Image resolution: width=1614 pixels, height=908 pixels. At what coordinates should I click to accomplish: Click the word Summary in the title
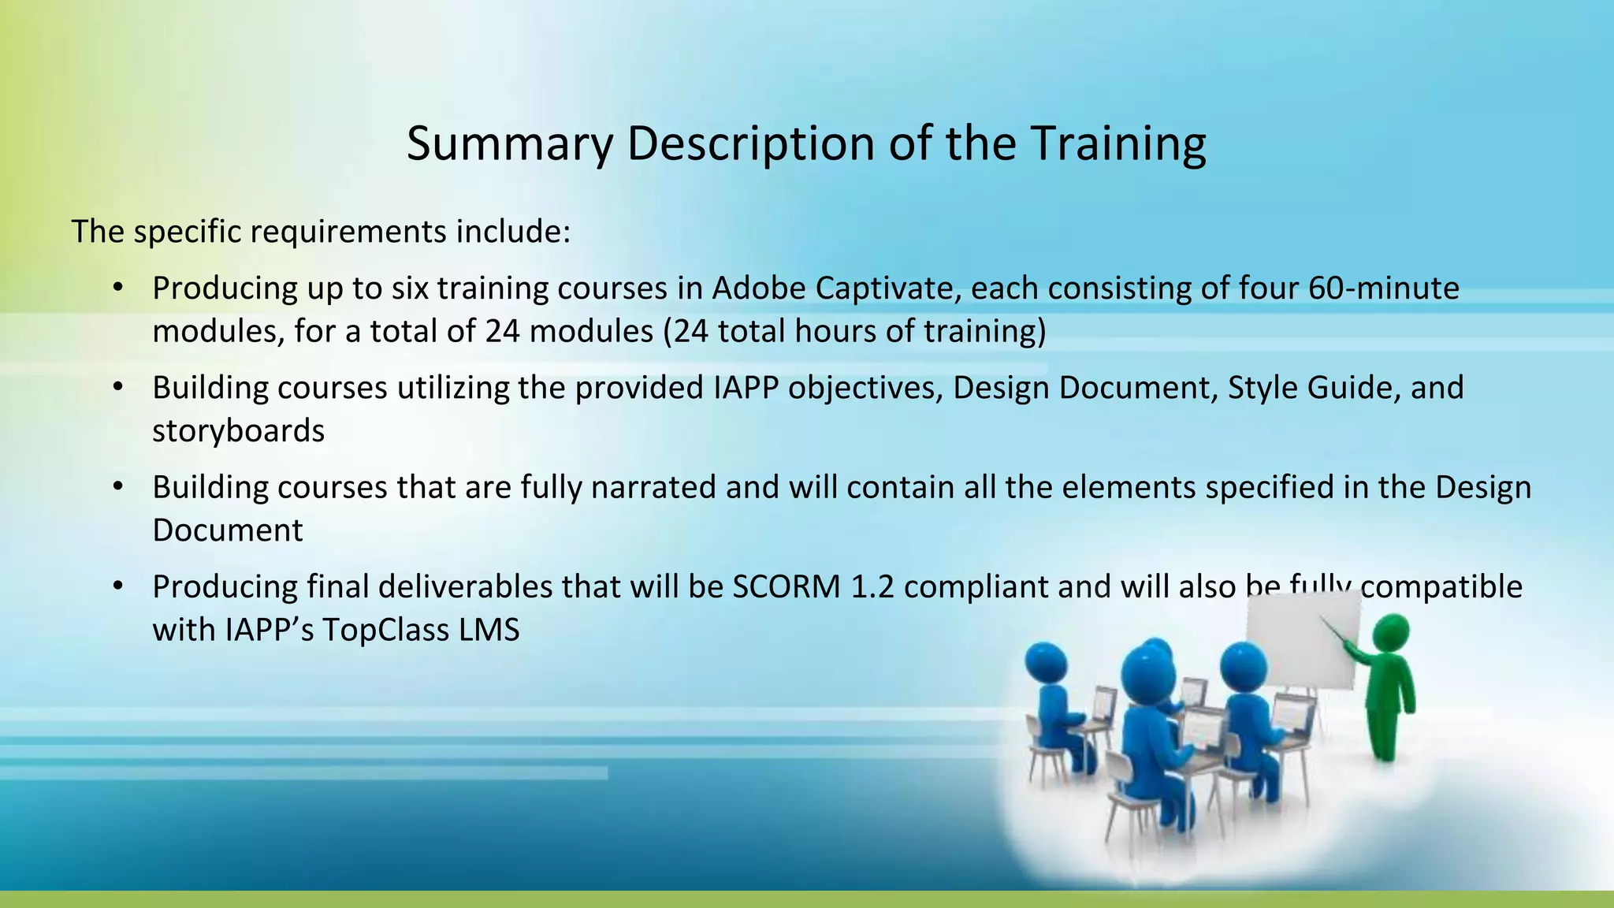[x=509, y=144]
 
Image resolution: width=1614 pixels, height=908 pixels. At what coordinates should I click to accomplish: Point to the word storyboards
[x=238, y=431]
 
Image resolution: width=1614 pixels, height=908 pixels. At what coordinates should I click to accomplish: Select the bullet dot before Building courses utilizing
[x=118, y=388]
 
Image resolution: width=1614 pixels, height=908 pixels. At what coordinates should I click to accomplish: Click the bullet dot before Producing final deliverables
[x=118, y=587]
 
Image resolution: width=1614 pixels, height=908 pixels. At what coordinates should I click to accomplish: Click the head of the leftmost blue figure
[x=1046, y=663]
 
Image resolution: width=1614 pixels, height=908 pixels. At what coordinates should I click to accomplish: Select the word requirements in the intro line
[x=348, y=232]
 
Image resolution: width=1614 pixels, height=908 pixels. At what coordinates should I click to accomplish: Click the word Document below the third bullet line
[x=227, y=530]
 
